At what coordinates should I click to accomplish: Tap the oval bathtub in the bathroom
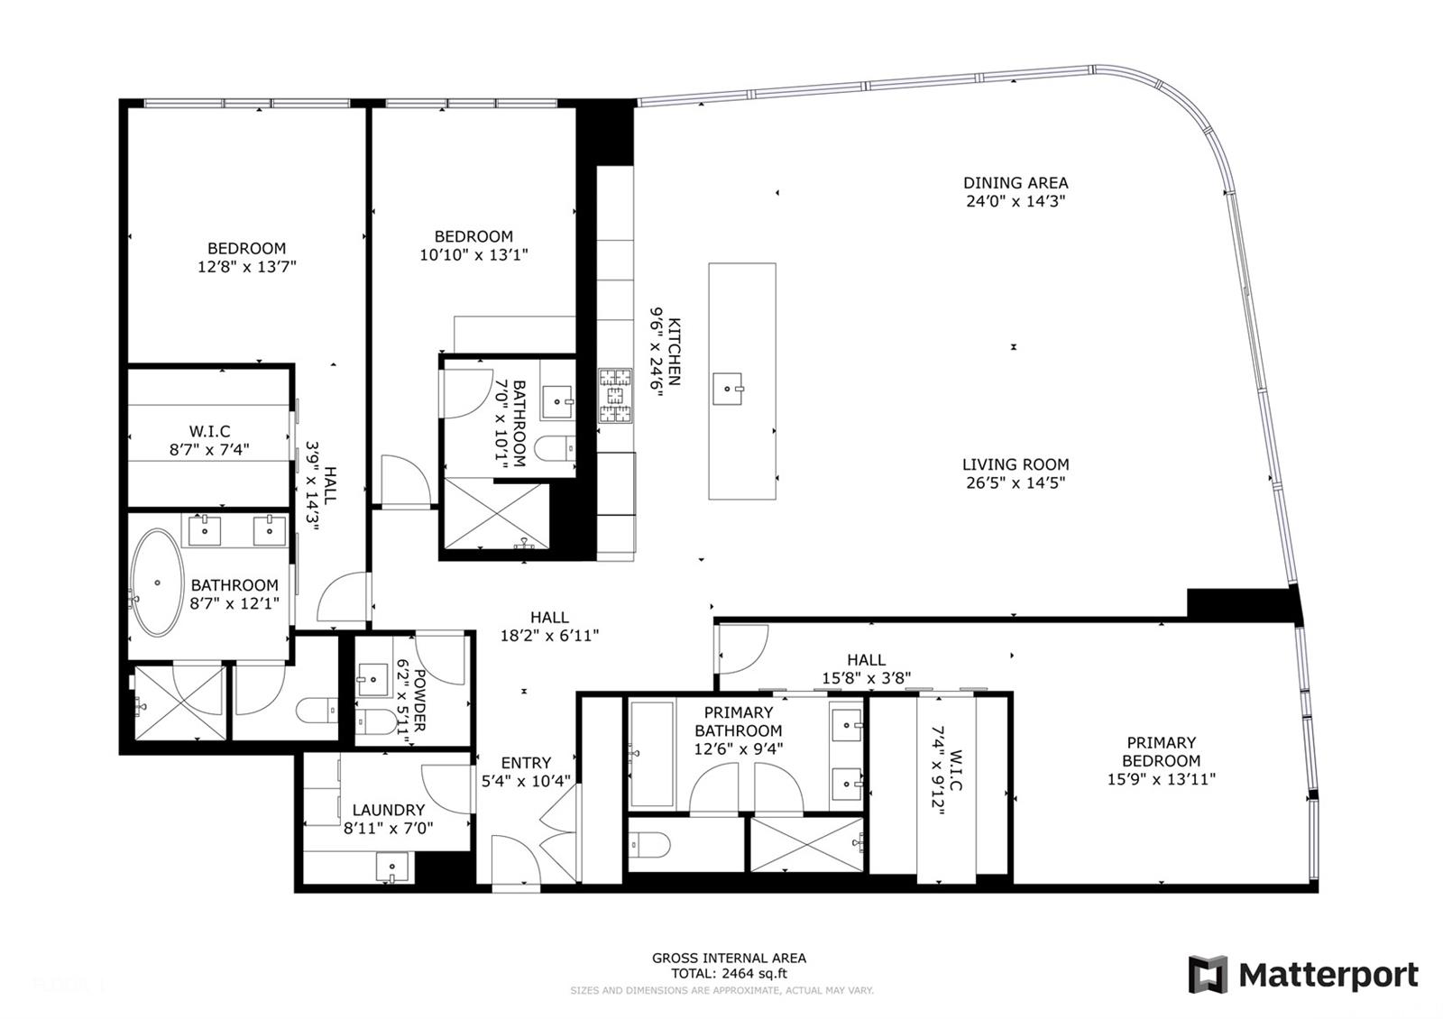pyautogui.click(x=157, y=583)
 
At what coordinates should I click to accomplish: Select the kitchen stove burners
pyautogui.click(x=615, y=396)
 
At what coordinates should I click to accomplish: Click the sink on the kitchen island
pyautogui.click(x=728, y=389)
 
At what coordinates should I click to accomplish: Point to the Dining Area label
pyautogui.click(x=1016, y=183)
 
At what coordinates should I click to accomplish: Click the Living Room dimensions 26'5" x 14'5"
pyautogui.click(x=1016, y=482)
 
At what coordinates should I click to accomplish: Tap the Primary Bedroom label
pyautogui.click(x=1161, y=752)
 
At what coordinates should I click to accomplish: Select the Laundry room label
pyautogui.click(x=389, y=810)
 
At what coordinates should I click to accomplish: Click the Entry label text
pyautogui.click(x=526, y=763)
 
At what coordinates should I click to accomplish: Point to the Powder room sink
pyautogui.click(x=373, y=679)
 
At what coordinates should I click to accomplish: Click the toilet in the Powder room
pyautogui.click(x=377, y=722)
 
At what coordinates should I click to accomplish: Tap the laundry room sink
pyautogui.click(x=391, y=867)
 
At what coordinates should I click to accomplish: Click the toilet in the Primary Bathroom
pyautogui.click(x=650, y=844)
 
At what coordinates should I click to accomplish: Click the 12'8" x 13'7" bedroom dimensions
pyautogui.click(x=247, y=266)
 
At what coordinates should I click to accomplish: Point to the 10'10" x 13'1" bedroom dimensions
pyautogui.click(x=473, y=254)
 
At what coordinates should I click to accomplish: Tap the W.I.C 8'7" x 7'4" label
pyautogui.click(x=209, y=441)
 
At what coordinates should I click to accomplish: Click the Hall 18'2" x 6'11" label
pyautogui.click(x=549, y=627)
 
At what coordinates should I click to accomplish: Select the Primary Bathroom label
pyautogui.click(x=739, y=721)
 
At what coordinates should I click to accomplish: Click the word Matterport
pyautogui.click(x=1328, y=976)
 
